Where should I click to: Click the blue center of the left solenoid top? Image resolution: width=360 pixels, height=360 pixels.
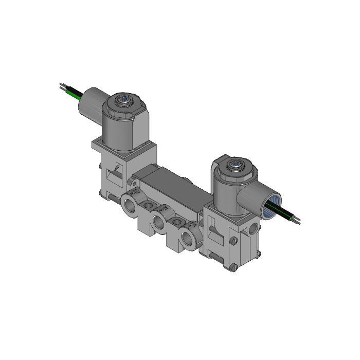pos(123,99)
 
